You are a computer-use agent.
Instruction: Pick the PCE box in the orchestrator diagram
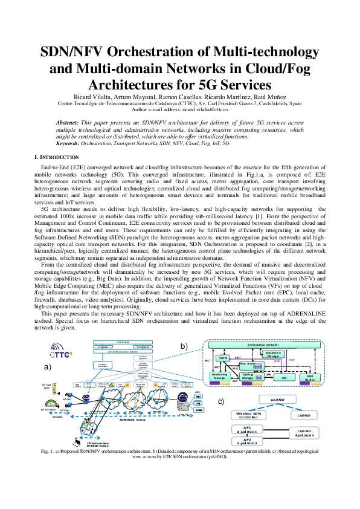pos(283,377)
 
